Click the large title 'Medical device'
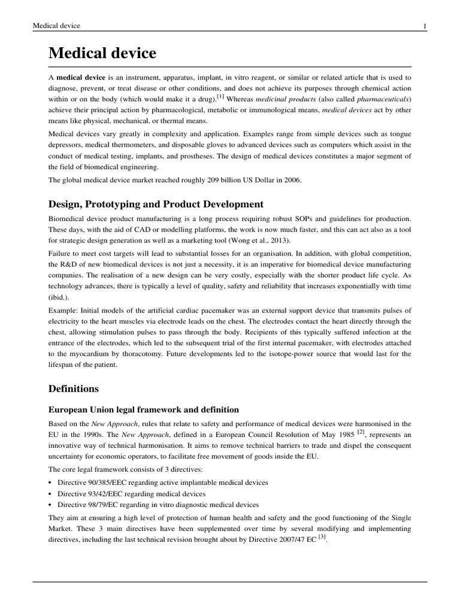(x=102, y=54)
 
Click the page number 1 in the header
(x=424, y=26)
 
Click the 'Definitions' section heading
(x=73, y=389)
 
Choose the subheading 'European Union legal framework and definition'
(x=143, y=409)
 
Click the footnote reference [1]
(x=220, y=96)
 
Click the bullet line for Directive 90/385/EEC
(x=162, y=482)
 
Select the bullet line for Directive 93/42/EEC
(x=131, y=494)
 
